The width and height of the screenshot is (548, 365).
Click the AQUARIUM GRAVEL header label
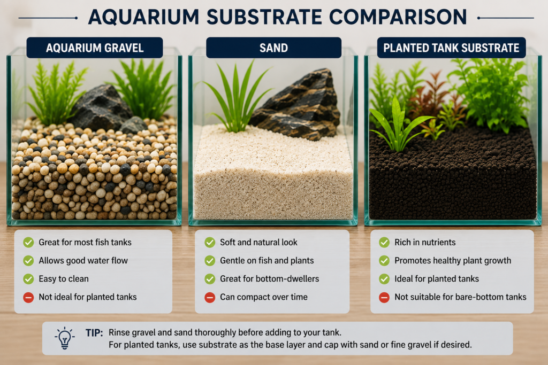point(95,48)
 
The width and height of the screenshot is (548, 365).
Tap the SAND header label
point(273,48)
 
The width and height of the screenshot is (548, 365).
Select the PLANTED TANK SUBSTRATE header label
point(451,48)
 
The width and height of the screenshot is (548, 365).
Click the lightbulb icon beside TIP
point(64,338)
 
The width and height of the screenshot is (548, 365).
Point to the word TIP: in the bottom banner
point(94,333)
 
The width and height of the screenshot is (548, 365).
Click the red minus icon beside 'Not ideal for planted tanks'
point(28,297)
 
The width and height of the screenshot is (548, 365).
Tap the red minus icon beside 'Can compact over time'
point(210,297)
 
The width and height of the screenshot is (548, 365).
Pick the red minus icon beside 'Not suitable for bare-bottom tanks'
point(384,297)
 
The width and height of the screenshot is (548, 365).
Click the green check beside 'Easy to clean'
point(28,279)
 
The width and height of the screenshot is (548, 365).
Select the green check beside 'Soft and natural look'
point(210,242)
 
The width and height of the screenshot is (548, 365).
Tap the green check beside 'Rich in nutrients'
point(384,242)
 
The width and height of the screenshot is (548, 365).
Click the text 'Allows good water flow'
point(83,261)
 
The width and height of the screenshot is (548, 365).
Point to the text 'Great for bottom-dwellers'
point(270,279)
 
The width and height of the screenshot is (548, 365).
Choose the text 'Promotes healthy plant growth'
point(453,261)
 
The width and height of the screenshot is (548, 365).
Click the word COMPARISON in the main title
point(398,17)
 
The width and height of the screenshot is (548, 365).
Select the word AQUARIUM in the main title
point(143,17)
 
